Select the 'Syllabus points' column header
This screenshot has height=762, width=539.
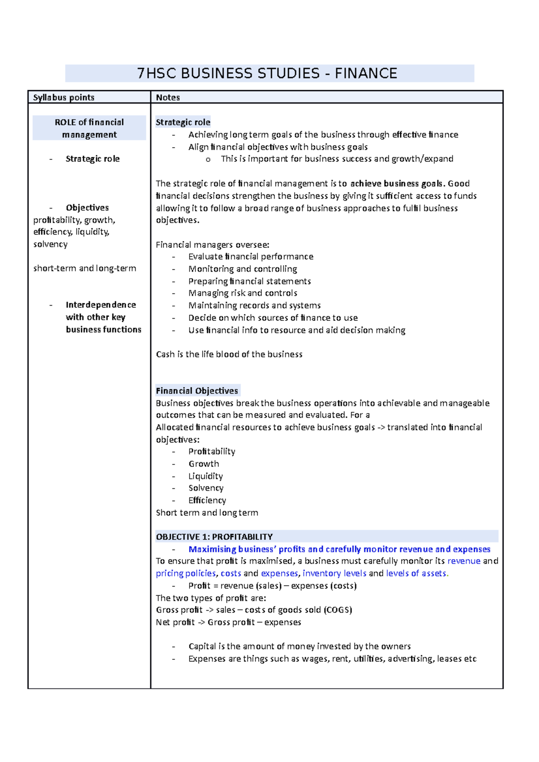64,97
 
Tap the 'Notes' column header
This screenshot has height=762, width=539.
168,97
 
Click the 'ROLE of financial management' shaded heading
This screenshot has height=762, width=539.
89,128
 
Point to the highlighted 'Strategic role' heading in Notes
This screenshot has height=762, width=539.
183,122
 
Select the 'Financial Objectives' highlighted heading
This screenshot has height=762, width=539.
197,390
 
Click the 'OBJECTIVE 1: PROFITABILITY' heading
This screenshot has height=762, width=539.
214,537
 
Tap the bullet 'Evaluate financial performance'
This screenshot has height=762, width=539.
251,256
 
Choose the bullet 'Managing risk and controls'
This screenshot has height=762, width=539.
243,293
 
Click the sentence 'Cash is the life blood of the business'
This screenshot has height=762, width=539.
229,354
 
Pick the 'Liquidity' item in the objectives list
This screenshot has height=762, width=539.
205,476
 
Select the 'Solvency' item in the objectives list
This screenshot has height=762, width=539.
206,488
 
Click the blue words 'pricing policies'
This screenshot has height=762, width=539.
186,573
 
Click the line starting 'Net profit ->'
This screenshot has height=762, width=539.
228,622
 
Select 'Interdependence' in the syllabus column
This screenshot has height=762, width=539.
101,305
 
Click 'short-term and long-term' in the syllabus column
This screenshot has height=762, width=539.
84,268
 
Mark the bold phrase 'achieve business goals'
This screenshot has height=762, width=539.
397,183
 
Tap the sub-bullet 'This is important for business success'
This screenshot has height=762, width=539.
337,158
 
